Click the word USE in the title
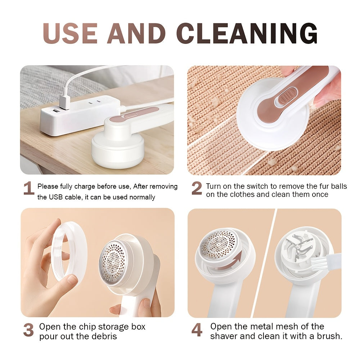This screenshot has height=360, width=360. pos(70,33)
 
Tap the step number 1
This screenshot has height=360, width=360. pos(29,189)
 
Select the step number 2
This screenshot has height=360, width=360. pos(197,189)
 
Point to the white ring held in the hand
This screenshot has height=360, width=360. pos(68,252)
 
